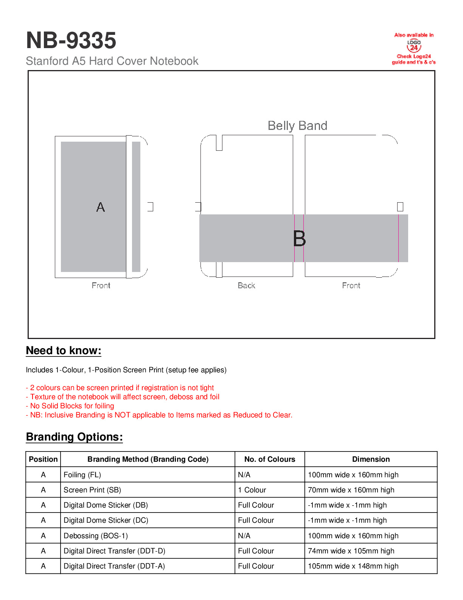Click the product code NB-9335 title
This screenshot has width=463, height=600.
71,41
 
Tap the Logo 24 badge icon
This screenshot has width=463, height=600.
414,46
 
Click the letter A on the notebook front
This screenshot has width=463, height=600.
100,207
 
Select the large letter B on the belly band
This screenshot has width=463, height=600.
299,239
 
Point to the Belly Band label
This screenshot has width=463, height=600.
297,126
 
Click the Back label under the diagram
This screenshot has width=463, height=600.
246,286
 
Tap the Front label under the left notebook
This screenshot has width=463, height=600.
101,286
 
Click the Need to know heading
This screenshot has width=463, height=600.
64,351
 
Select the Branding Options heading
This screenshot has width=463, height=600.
74,437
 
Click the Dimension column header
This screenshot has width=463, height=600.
371,459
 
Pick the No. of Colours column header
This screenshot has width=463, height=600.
270,459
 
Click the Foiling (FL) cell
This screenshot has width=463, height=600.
82,475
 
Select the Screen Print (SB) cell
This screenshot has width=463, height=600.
92,490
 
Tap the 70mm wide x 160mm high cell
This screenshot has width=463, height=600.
351,490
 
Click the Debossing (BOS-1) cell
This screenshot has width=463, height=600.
96,536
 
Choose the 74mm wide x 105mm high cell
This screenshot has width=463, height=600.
351,551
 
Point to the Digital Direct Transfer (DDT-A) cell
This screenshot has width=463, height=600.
114,566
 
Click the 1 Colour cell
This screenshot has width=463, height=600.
252,490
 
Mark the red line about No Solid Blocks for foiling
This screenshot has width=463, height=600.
70,406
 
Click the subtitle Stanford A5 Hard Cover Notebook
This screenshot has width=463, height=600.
112,61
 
